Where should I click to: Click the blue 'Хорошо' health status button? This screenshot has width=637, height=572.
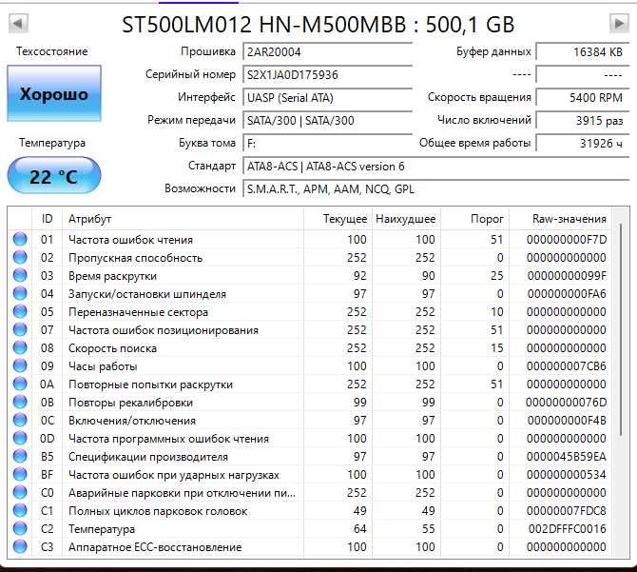(x=53, y=95)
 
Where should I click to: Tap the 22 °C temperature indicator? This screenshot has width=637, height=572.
(x=53, y=177)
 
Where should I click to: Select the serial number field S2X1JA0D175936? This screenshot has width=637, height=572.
(x=326, y=74)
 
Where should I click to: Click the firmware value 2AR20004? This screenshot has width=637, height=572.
(x=326, y=51)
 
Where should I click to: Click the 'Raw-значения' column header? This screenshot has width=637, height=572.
(x=569, y=219)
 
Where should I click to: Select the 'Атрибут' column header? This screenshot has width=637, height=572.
(x=89, y=219)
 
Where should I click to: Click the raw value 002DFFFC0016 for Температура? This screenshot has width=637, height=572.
(x=568, y=529)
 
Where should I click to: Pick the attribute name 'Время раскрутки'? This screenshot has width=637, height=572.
(x=112, y=276)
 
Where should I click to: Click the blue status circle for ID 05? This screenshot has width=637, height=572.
(x=20, y=312)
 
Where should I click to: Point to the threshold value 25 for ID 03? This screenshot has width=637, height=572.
(x=496, y=276)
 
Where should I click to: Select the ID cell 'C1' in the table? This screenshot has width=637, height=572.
(x=47, y=511)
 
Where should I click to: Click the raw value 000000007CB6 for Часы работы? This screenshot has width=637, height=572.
(x=568, y=366)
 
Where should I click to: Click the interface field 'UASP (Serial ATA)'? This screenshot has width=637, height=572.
(x=326, y=97)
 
